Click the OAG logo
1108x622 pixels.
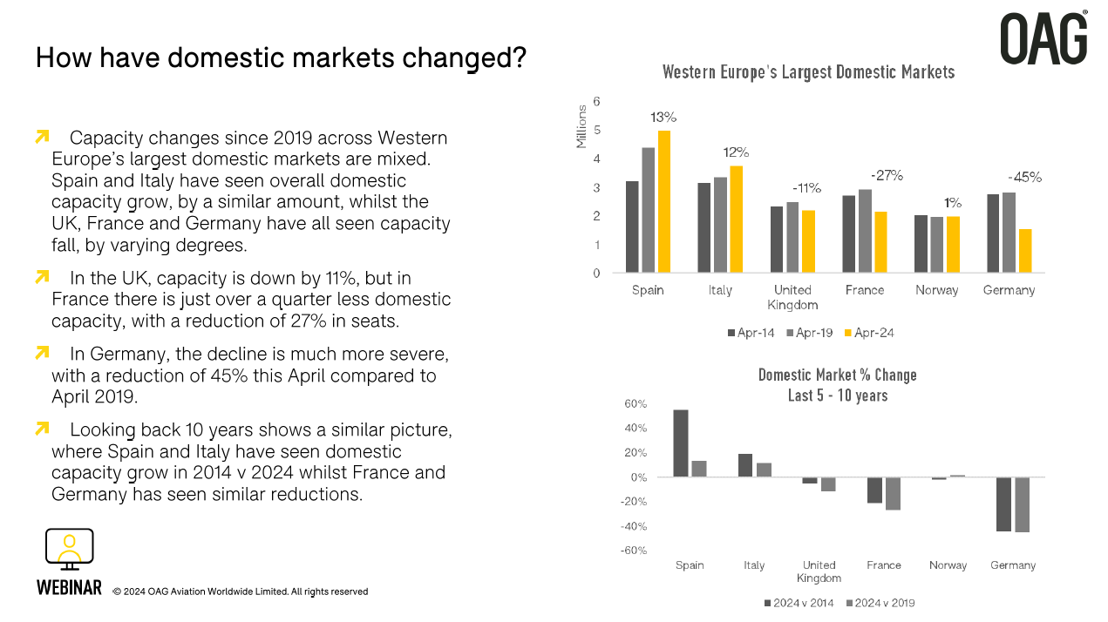(x=1043, y=38)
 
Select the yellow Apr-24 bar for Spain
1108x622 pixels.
(x=664, y=201)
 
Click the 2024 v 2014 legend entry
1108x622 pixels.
(x=799, y=603)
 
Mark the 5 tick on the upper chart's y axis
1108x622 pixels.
(x=596, y=131)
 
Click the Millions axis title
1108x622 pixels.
(x=581, y=127)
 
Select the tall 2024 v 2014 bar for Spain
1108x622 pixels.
(x=681, y=443)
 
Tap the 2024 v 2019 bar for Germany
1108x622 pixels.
(x=1022, y=504)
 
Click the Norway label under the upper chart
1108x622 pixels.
(x=937, y=290)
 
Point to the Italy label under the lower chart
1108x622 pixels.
(x=754, y=565)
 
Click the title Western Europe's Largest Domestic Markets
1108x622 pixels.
(x=808, y=72)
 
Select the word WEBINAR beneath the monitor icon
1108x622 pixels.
(x=69, y=588)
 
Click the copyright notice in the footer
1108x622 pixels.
(x=241, y=592)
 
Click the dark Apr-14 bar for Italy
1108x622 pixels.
(x=704, y=227)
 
